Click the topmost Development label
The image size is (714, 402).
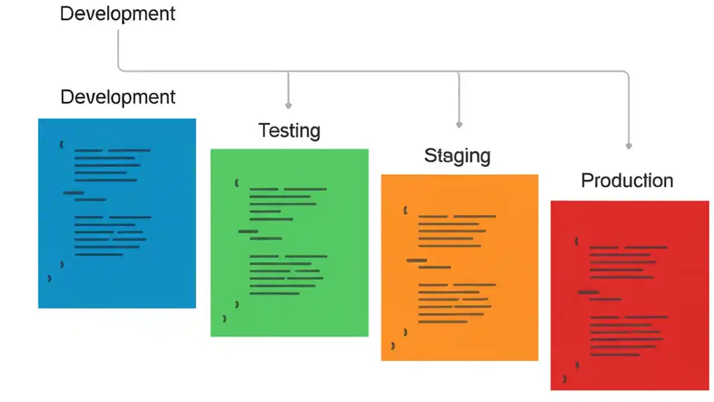(117, 13)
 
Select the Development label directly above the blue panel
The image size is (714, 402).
(118, 97)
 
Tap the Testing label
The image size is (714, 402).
(289, 131)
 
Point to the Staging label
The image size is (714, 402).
(457, 156)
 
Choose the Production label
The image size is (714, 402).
(627, 181)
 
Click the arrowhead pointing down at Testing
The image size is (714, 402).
(288, 105)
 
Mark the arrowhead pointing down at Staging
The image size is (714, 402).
(459, 125)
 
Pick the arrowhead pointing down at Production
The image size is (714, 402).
(629, 146)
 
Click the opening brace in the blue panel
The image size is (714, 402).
(61, 145)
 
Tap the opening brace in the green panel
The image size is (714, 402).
(237, 183)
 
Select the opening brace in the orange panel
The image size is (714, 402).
(406, 210)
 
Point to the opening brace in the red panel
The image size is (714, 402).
(576, 241)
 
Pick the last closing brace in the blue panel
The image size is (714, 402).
(49, 278)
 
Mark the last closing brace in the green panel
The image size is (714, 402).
(224, 319)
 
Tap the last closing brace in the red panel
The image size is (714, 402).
(565, 379)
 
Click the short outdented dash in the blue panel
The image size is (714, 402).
(73, 193)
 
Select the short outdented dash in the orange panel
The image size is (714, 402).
(417, 260)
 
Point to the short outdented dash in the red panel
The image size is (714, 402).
(588, 292)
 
